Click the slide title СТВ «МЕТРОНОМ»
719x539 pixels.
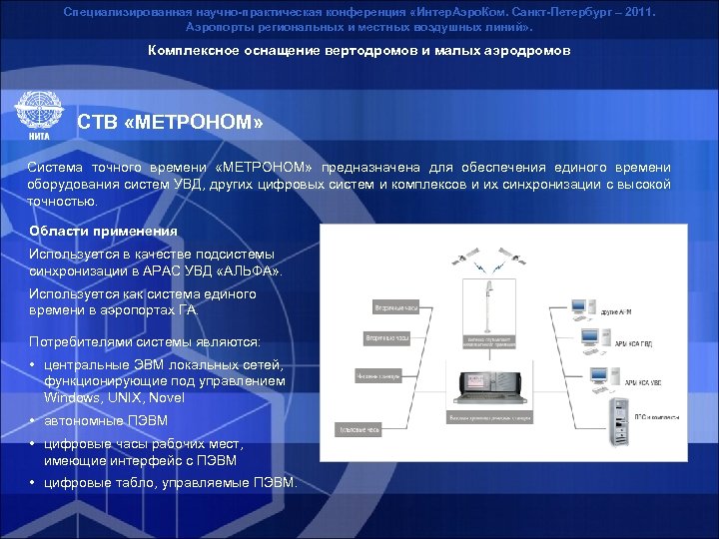(x=171, y=124)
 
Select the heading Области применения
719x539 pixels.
(x=104, y=231)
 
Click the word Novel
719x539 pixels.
(x=166, y=396)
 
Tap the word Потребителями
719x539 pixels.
(x=77, y=340)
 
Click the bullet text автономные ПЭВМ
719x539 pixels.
(x=106, y=420)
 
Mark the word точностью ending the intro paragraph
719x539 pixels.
(x=63, y=200)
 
